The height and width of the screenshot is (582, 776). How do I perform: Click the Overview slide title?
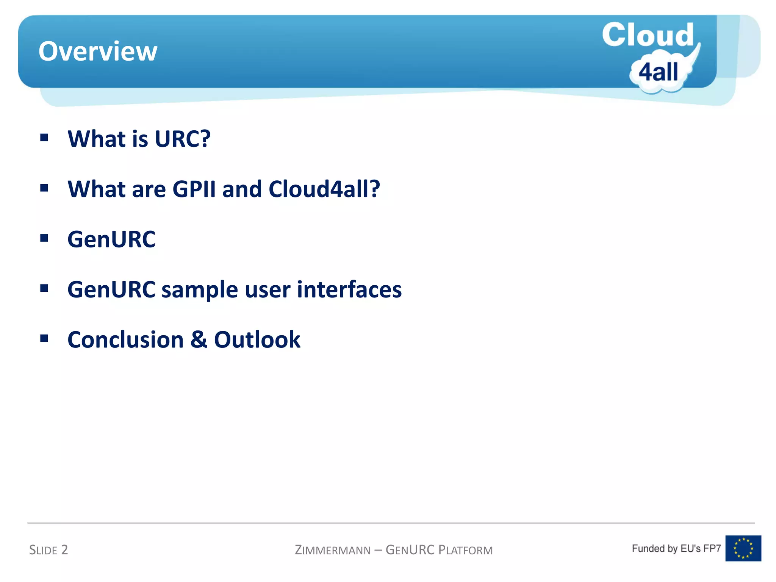click(x=98, y=52)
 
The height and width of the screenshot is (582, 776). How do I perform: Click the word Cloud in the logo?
click(x=648, y=35)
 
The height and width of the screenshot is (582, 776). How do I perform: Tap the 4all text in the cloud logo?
click(x=658, y=72)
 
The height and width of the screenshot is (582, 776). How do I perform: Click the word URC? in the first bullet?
click(x=183, y=139)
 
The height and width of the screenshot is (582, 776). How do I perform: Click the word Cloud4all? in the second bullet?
click(x=324, y=189)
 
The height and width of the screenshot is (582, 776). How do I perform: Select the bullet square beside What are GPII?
click(x=44, y=188)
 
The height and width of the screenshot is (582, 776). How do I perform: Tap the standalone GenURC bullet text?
click(x=111, y=239)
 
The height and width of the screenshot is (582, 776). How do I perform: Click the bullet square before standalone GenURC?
click(x=44, y=238)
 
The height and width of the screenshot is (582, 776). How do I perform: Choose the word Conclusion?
click(x=125, y=339)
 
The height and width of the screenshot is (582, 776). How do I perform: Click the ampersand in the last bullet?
click(x=199, y=339)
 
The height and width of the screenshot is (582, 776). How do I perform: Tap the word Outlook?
click(x=257, y=339)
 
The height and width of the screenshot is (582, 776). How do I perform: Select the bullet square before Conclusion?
click(x=44, y=338)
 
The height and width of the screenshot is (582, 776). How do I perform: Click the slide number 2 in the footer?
click(x=64, y=549)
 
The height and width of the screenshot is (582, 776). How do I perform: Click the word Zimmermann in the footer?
click(x=333, y=550)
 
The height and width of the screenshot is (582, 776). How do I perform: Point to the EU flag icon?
click(x=743, y=548)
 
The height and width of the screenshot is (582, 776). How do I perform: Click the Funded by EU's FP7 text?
click(x=676, y=548)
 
